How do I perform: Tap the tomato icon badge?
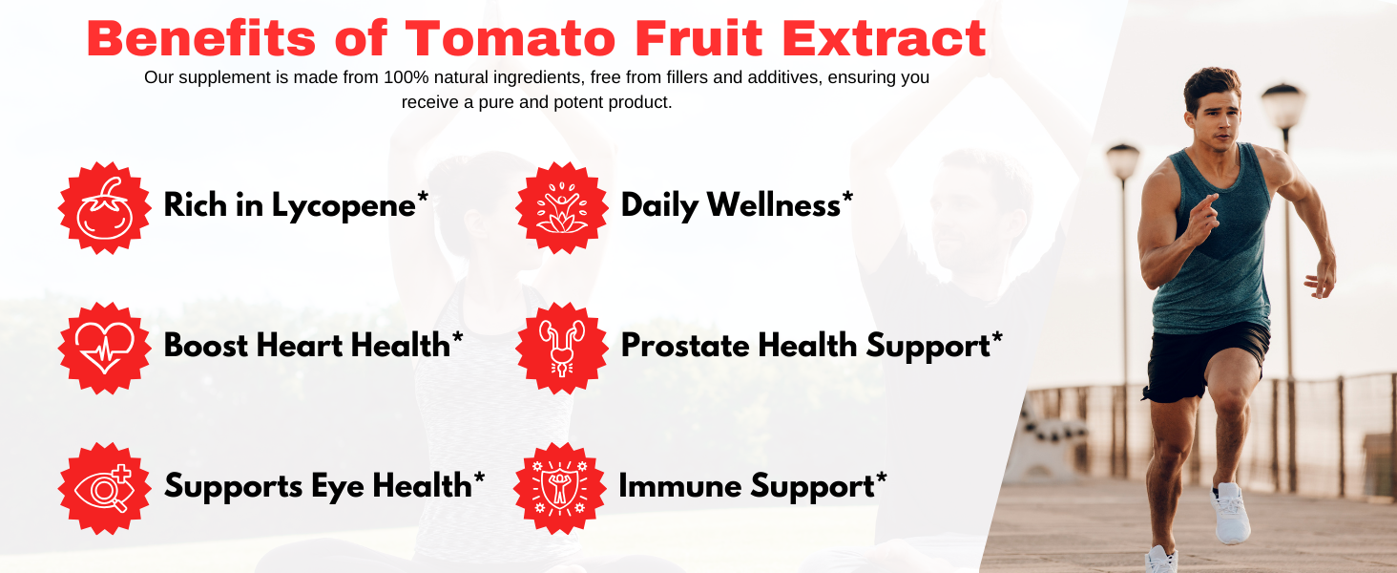105,207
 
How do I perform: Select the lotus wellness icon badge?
562,207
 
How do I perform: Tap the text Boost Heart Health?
313,346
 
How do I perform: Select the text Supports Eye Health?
324,486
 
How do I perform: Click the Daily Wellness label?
736,205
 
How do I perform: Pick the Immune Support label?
752,486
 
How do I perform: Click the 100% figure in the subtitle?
407,77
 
